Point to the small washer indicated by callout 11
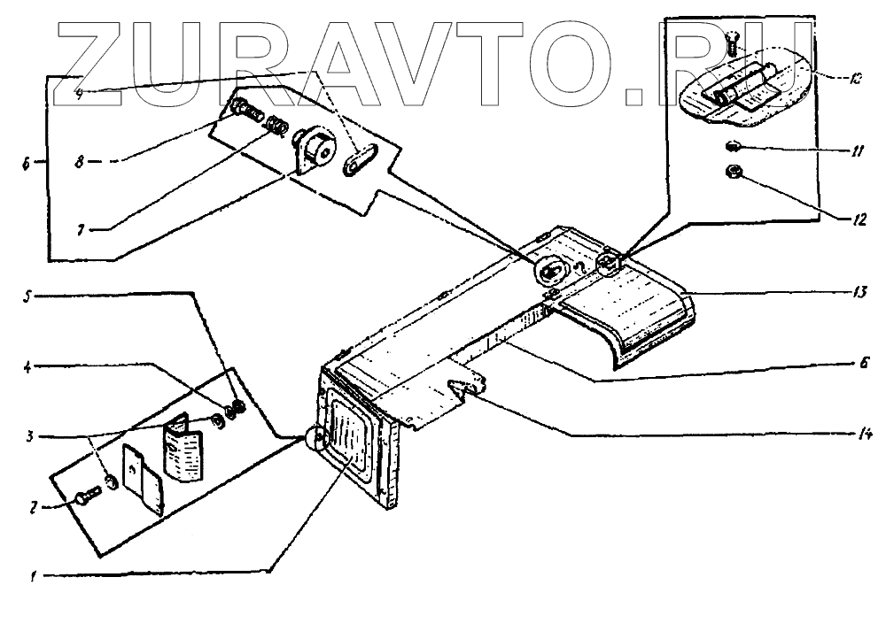(734, 145)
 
